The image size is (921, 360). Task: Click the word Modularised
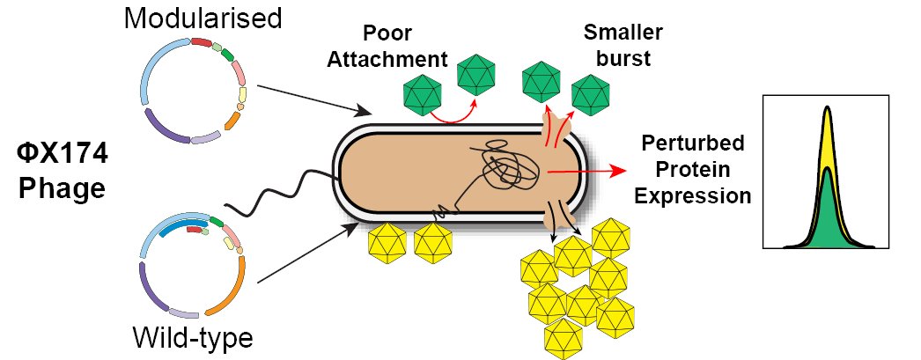[x=203, y=18]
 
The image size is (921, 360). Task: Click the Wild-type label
[x=193, y=337]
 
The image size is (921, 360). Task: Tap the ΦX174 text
[x=62, y=156]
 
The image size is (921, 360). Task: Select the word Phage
[x=62, y=188]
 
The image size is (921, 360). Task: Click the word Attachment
[x=387, y=59]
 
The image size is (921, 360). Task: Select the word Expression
[x=693, y=195]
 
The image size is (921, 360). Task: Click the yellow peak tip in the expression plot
[x=828, y=108]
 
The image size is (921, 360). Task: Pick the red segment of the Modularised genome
[x=202, y=42]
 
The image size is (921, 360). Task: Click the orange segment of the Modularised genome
[x=232, y=121]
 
